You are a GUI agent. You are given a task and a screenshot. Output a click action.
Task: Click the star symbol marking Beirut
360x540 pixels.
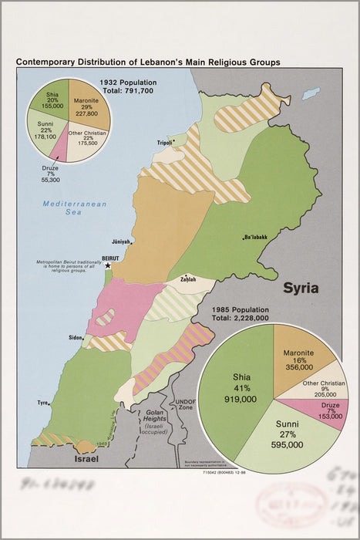coord(108,265)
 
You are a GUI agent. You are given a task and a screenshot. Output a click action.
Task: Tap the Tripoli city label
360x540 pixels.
coord(164,143)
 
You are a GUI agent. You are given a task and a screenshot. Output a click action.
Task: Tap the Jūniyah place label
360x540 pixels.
coord(121,241)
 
